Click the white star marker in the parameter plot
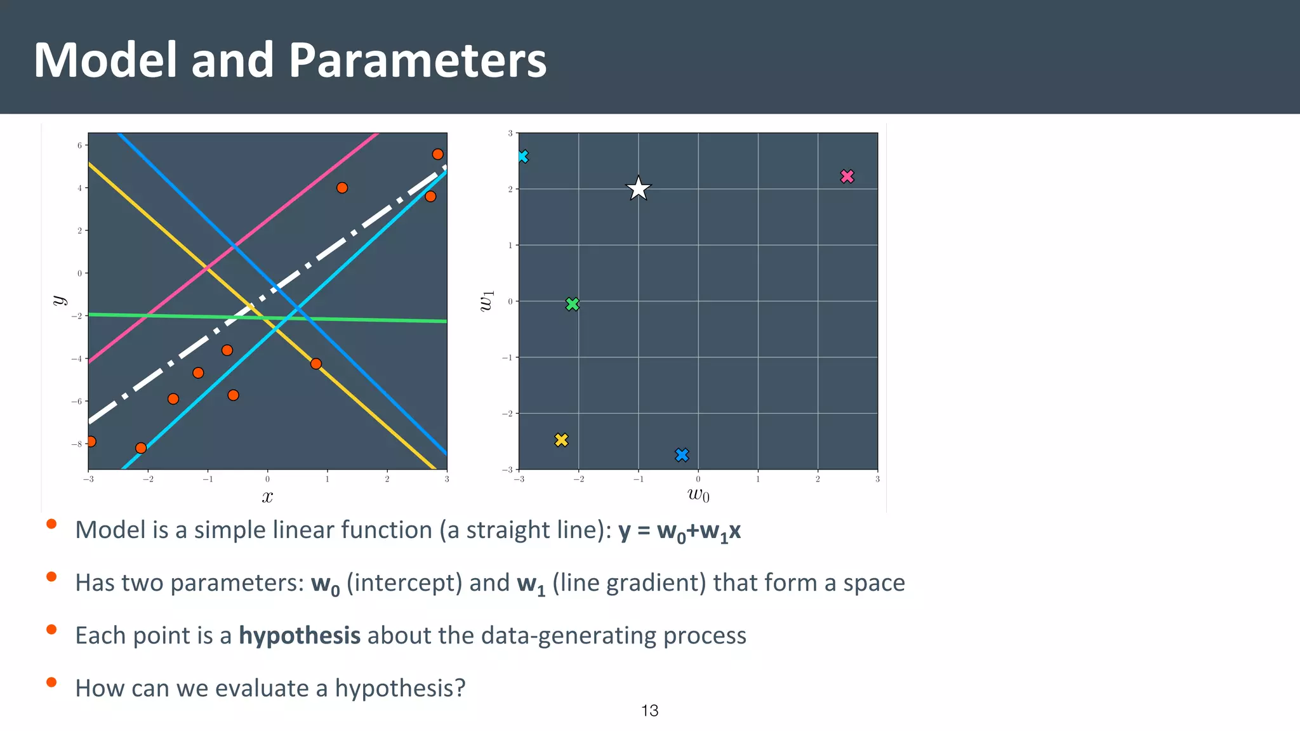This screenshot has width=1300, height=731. [638, 188]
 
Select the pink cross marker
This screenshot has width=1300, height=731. [847, 176]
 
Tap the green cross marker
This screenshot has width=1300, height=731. [572, 304]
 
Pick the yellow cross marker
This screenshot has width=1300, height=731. [561, 440]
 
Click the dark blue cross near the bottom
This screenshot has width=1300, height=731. [682, 454]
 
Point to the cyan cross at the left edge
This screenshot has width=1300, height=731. [522, 157]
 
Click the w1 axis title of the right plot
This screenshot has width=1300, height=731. [486, 301]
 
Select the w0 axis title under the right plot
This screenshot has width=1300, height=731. [698, 494]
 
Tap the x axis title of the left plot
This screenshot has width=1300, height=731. [267, 496]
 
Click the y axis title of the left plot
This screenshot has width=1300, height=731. [59, 300]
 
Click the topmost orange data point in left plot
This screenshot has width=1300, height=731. [437, 154]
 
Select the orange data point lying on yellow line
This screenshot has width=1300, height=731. [316, 364]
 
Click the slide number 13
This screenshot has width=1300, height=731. [649, 711]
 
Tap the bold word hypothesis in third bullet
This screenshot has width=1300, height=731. [300, 635]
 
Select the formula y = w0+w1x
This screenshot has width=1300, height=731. [679, 530]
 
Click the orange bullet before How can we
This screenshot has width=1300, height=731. [51, 683]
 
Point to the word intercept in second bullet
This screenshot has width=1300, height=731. [404, 583]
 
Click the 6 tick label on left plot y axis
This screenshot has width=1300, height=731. [80, 145]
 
